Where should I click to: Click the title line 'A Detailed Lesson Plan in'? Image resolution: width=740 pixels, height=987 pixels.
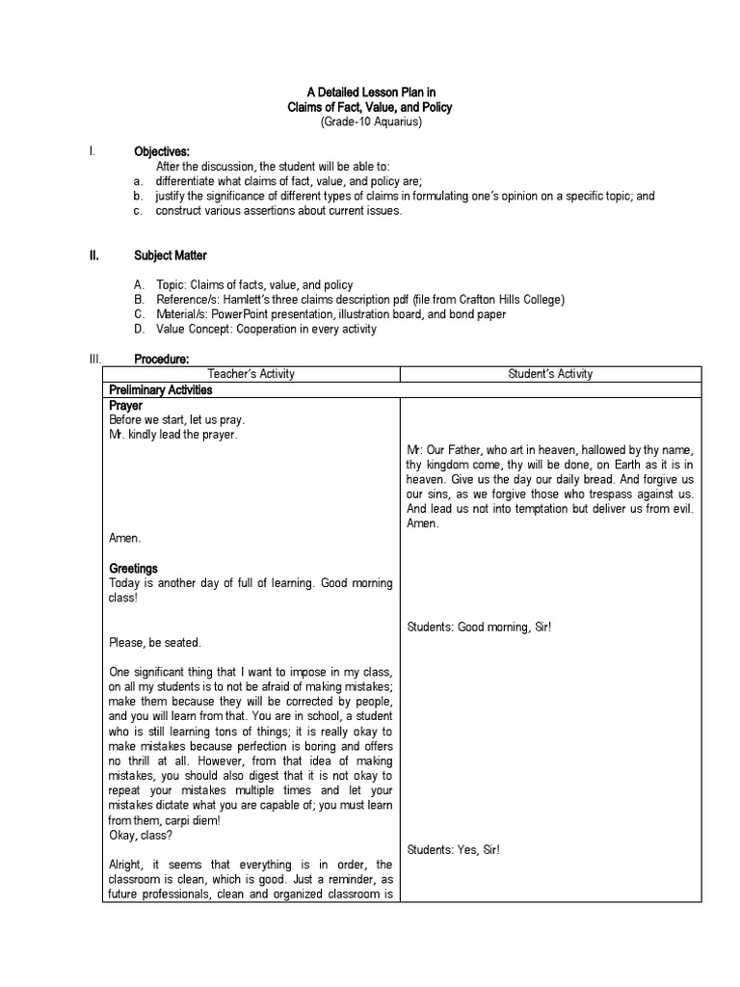pos(371,93)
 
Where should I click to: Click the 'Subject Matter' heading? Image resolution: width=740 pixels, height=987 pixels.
pos(171,255)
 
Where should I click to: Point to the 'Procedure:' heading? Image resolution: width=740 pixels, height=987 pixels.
pos(161,359)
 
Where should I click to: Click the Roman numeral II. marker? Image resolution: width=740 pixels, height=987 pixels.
pos(94,255)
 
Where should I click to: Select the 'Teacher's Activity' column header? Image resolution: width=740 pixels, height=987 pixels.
pos(251,374)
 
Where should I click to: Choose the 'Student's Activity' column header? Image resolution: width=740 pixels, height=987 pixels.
pos(550,374)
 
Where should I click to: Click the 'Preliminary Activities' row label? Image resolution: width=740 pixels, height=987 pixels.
pos(160,390)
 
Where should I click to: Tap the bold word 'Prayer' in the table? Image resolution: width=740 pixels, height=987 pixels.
pos(126,406)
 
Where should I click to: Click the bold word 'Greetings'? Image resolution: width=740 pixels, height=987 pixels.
pos(133,569)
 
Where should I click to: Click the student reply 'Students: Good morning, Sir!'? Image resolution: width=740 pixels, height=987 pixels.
pos(479,627)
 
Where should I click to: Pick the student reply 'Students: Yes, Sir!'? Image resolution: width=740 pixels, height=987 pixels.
pos(453,849)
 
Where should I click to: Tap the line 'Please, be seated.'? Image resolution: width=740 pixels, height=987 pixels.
pos(155,643)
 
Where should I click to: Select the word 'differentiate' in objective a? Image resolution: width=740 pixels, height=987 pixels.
pos(188,181)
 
